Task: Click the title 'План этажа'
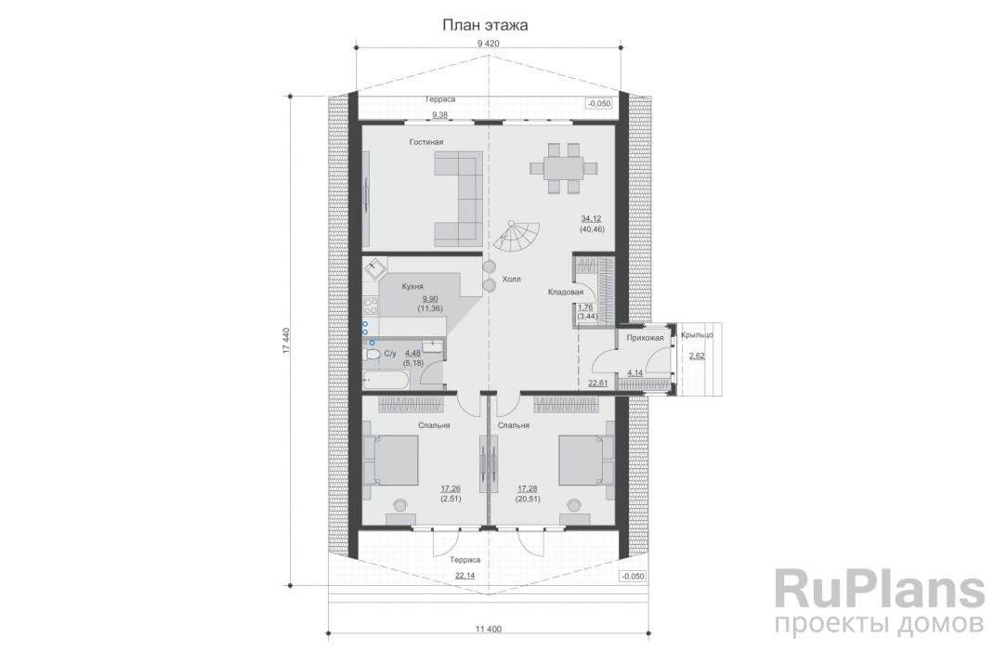tap(485, 25)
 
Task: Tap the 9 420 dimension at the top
tap(488, 44)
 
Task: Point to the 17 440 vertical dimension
tap(286, 340)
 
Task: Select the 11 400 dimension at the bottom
tap(489, 629)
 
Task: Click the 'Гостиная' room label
tap(426, 142)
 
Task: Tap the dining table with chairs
tap(564, 168)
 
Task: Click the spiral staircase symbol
tap(517, 236)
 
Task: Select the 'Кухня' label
tap(412, 287)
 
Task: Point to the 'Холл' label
tap(511, 279)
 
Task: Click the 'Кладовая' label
tap(565, 292)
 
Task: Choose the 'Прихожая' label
tap(645, 337)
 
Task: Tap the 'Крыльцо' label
tap(697, 335)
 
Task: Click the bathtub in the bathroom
tap(386, 380)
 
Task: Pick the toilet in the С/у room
tap(372, 354)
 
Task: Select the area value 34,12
tap(592, 219)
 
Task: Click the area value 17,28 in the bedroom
tap(528, 488)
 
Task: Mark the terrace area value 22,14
tap(465, 576)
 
